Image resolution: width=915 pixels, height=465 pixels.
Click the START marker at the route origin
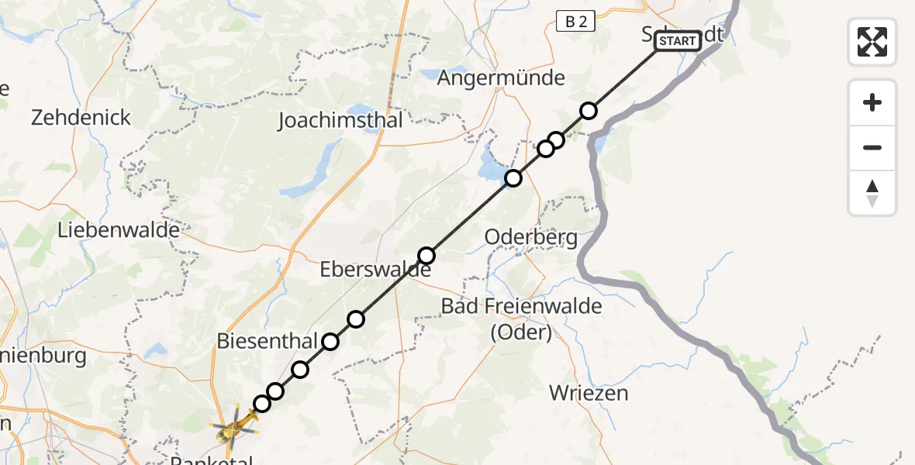point(678,41)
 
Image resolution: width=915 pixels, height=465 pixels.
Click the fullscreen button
point(872,41)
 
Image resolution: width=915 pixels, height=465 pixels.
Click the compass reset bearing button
point(872,193)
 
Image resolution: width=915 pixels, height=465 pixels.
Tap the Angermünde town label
point(501,78)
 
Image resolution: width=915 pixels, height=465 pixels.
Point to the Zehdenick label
point(81,118)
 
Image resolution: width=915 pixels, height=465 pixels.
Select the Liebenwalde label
point(119,230)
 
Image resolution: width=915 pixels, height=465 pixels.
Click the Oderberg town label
point(531,237)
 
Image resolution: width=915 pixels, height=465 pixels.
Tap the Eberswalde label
point(375,271)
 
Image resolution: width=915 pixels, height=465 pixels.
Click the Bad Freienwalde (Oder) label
point(521,319)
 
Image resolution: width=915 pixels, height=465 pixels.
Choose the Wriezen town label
point(589,393)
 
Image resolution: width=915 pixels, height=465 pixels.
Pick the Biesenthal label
point(267,341)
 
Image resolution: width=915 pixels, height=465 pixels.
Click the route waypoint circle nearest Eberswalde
point(426,256)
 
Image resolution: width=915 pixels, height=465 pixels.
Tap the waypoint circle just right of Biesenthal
point(330,342)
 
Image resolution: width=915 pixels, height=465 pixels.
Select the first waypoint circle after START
point(589,111)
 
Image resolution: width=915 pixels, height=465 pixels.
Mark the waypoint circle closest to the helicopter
point(262,404)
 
